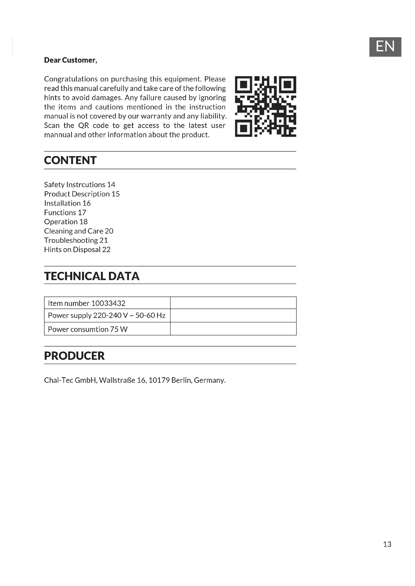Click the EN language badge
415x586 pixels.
pyautogui.click(x=385, y=47)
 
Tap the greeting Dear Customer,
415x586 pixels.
pyautogui.click(x=71, y=60)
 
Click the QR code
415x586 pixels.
pyautogui.click(x=265, y=106)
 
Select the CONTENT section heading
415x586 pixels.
pyautogui.click(x=70, y=160)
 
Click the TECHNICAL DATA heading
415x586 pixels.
pyautogui.click(x=92, y=276)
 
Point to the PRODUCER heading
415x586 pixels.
pyautogui.click(x=74, y=356)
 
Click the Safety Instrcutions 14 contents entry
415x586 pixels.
pyautogui.click(x=80, y=185)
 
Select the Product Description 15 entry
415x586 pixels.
pyautogui.click(x=82, y=194)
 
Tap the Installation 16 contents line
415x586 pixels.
pyautogui.click(x=67, y=203)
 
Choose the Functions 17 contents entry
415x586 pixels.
pyautogui.click(x=65, y=213)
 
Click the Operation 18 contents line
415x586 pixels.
pyautogui.click(x=66, y=222)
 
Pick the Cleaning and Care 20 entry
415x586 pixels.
pyautogui.click(x=79, y=231)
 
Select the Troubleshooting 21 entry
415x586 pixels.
pyautogui.click(x=76, y=241)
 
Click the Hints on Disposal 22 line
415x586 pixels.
pyautogui.click(x=77, y=250)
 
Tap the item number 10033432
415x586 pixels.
pyautogui.click(x=108, y=303)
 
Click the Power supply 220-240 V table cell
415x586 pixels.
pyautogui.click(x=107, y=315)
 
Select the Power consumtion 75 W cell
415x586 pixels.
pyautogui.click(x=88, y=329)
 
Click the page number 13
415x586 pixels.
pyautogui.click(x=387, y=544)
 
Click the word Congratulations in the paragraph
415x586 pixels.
pyautogui.click(x=71, y=79)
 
